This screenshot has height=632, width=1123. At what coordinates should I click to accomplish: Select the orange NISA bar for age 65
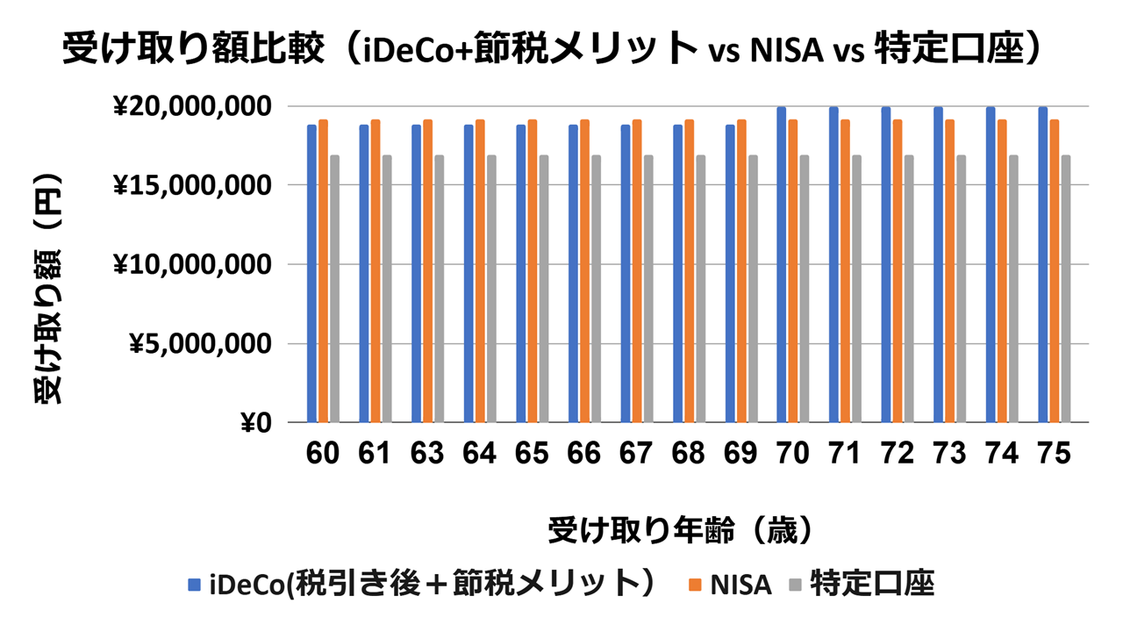click(x=533, y=271)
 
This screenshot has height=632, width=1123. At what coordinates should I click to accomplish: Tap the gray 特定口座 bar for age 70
click(x=805, y=289)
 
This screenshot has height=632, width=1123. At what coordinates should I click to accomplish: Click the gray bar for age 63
click(x=439, y=289)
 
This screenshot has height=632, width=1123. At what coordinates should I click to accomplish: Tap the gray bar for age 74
click(x=1014, y=289)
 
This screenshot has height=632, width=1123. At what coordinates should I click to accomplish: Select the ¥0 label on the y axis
click(x=255, y=423)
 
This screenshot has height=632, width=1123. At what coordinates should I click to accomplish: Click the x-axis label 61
click(x=376, y=453)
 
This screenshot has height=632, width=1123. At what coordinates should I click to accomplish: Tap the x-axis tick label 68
click(x=689, y=453)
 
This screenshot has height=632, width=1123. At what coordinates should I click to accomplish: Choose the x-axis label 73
click(x=950, y=453)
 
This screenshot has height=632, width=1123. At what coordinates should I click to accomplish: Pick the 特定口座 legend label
click(x=872, y=584)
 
